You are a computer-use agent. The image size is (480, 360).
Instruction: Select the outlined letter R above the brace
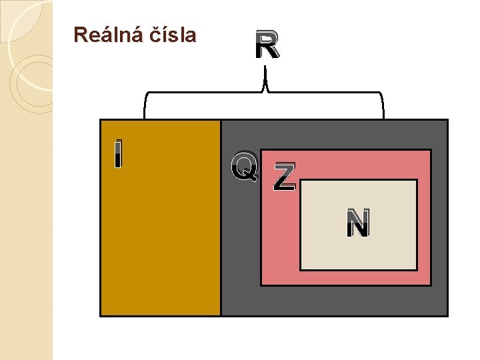[267, 46]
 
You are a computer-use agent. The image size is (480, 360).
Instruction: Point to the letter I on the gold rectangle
[118, 154]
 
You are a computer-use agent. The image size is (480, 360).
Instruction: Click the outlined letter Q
[245, 167]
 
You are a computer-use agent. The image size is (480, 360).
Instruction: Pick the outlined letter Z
[285, 177]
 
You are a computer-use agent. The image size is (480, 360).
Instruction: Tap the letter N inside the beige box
[358, 224]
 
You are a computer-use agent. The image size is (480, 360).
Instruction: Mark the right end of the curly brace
[384, 117]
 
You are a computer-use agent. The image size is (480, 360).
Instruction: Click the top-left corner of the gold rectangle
[100, 120]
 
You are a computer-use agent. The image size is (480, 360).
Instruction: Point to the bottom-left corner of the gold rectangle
[100, 315]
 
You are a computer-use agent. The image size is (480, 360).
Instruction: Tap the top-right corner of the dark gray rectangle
[447, 120]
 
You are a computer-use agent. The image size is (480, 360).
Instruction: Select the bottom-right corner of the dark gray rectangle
[447, 315]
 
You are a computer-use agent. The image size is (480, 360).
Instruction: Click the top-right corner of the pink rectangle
[431, 150]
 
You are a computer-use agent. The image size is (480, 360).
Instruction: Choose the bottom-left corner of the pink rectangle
[261, 285]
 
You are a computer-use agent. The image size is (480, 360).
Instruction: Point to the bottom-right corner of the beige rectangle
[417, 270]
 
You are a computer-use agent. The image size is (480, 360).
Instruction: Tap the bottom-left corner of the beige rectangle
[301, 270]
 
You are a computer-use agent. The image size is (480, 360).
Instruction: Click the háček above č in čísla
[148, 27]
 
